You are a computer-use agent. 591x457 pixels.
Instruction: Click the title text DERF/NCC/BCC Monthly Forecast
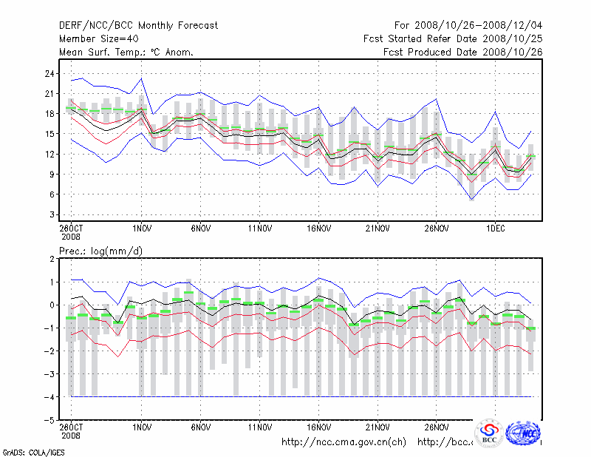click(x=138, y=26)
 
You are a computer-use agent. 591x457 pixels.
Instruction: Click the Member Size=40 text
click(x=98, y=39)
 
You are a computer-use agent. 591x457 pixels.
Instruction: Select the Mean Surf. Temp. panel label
click(x=126, y=53)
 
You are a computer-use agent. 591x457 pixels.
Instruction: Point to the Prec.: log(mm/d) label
click(x=100, y=251)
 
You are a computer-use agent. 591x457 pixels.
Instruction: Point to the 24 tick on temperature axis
click(x=49, y=73)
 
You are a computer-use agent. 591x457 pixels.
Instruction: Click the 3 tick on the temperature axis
click(x=51, y=214)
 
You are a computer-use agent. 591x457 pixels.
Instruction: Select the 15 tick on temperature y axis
click(x=49, y=134)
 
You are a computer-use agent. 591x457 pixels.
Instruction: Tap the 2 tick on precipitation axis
click(x=51, y=259)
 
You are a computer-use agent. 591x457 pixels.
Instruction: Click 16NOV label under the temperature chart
click(x=318, y=228)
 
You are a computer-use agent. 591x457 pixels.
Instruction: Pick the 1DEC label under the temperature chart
click(x=494, y=228)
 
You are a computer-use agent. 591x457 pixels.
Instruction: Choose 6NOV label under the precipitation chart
click(x=201, y=427)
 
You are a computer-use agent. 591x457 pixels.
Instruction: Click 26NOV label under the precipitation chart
click(x=436, y=427)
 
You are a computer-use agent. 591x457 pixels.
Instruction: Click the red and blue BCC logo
click(x=489, y=433)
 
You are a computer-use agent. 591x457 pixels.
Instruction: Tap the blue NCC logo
click(x=525, y=433)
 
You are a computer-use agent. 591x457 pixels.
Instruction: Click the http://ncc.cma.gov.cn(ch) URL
click(x=344, y=442)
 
